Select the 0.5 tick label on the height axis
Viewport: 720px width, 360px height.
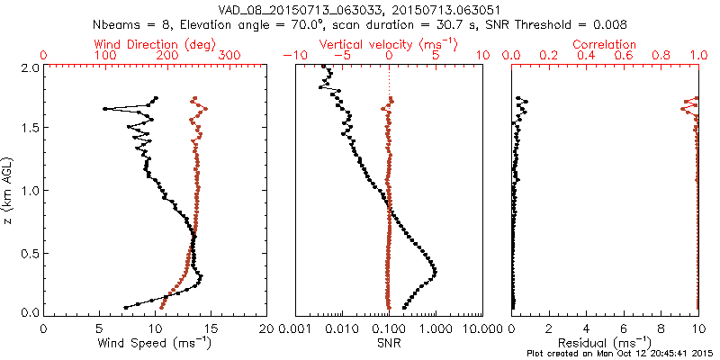[29, 253]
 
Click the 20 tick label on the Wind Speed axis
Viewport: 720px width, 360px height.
[267, 328]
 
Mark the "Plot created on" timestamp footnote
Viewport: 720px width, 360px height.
[620, 353]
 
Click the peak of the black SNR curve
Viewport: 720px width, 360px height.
[436, 270]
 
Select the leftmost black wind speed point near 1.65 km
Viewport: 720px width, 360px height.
[105, 109]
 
